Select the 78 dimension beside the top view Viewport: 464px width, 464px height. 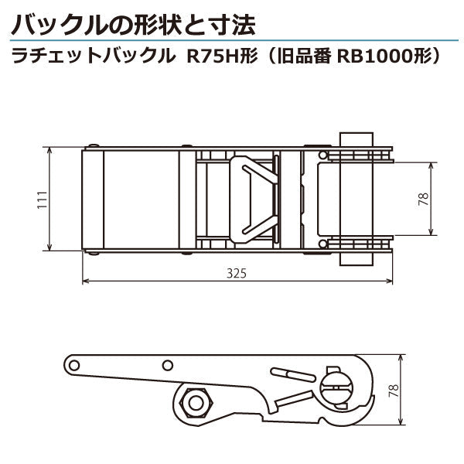pyautogui.click(x=423, y=198)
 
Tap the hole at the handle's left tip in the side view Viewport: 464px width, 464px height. pyautogui.click(x=75, y=363)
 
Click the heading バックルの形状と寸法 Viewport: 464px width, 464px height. pyautogui.click(x=132, y=24)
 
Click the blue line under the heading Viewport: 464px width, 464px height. pyautogui.click(x=232, y=41)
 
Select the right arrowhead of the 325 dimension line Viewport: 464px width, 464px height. pyautogui.click(x=389, y=281)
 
